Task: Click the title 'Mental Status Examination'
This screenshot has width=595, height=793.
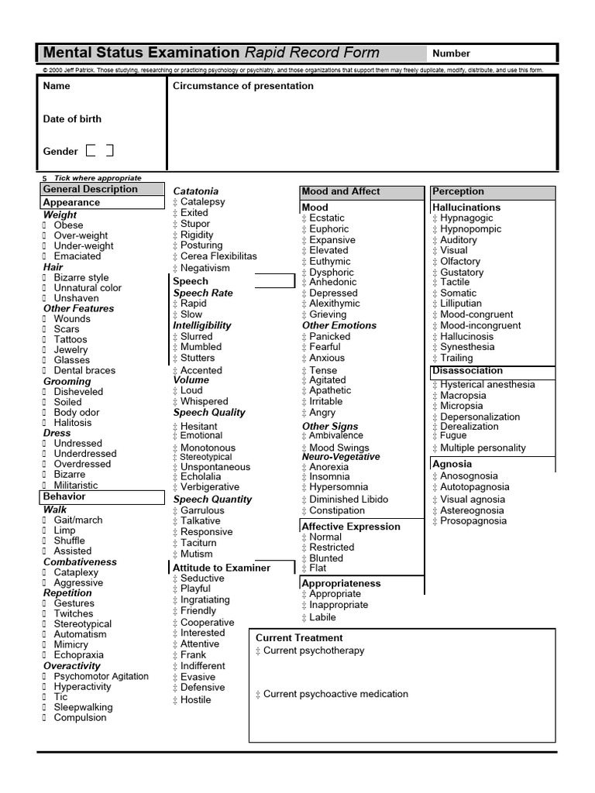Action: pos(141,53)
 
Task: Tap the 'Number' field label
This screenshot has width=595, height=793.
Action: pos(451,53)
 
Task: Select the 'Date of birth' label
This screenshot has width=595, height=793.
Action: pos(72,118)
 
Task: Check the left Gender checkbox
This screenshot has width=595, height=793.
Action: pos(91,150)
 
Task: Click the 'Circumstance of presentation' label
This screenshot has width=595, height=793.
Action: pos(242,86)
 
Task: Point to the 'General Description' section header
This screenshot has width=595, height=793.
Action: pos(90,189)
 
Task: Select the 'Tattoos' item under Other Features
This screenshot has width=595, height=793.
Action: pos(71,339)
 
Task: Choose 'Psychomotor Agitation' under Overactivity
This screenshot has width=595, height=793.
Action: pos(101,676)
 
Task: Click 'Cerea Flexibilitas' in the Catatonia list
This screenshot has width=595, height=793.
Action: pos(218,256)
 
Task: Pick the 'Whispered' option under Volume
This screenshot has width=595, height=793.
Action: pos(204,401)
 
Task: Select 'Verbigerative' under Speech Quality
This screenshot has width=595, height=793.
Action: pos(210,487)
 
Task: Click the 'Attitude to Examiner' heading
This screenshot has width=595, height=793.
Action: pos(222,568)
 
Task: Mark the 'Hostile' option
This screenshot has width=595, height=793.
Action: pos(195,699)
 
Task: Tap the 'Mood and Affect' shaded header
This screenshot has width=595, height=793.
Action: pos(341,191)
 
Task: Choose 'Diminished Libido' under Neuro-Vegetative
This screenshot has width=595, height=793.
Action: pos(349,499)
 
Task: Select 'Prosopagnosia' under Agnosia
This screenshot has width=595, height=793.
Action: pos(473,521)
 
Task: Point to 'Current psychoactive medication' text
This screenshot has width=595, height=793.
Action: pos(335,694)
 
